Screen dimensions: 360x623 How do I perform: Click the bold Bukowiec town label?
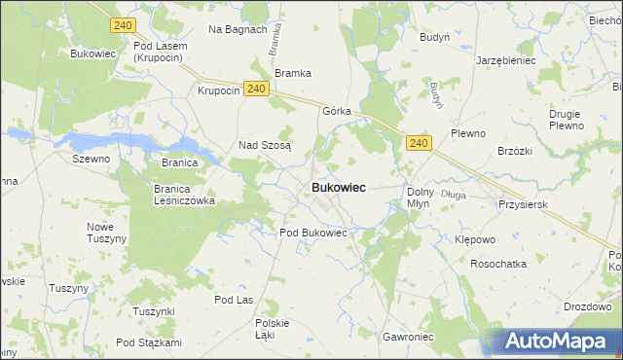click(x=339, y=188)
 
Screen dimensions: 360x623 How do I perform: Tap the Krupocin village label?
click(x=218, y=90)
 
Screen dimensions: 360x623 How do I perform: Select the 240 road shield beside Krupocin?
click(x=256, y=90)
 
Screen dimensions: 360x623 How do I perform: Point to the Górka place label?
click(x=336, y=111)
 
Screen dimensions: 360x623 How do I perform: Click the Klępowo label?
click(x=476, y=238)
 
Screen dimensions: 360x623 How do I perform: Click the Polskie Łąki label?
click(x=273, y=328)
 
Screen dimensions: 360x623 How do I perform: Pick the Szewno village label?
click(x=91, y=158)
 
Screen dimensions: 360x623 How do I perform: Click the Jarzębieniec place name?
click(x=505, y=59)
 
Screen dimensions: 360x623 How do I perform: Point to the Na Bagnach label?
click(x=238, y=29)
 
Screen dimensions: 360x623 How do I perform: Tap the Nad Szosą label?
click(x=265, y=146)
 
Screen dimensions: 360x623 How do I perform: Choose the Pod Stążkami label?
click(x=148, y=342)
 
